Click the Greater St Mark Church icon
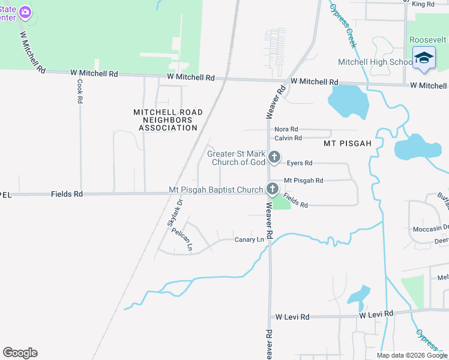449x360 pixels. click(274, 157)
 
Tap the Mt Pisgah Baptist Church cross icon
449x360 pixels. click(272, 190)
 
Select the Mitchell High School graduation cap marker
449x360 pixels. click(424, 58)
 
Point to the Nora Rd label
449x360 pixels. click(286, 129)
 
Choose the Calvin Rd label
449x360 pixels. click(287, 138)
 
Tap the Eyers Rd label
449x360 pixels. click(300, 163)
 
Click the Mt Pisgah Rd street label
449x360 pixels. click(303, 180)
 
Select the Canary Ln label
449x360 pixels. click(249, 240)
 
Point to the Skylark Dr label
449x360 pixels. click(175, 212)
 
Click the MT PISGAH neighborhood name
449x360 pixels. click(348, 144)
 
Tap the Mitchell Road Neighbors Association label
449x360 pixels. click(167, 120)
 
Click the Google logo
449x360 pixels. click(20, 353)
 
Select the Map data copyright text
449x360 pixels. click(412, 355)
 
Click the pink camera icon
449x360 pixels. click(25, 11)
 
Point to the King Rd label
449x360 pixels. click(423, 4)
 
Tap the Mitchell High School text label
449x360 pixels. click(375, 62)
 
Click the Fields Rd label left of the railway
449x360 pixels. click(67, 194)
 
